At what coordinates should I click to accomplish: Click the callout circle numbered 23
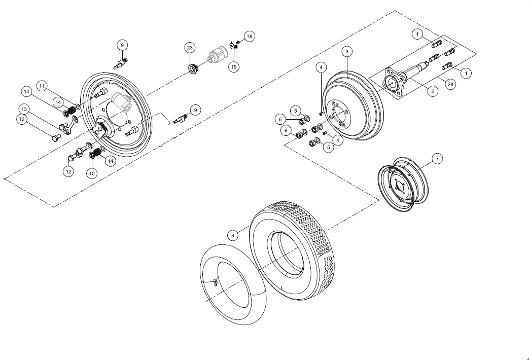pyautogui.click(x=190, y=48)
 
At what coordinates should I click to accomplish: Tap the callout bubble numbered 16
pyautogui.click(x=250, y=37)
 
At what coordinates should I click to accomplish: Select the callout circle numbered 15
pyautogui.click(x=233, y=66)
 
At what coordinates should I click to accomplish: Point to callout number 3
pyautogui.click(x=347, y=52)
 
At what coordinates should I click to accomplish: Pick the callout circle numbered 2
pyautogui.click(x=433, y=91)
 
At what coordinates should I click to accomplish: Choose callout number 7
pyautogui.click(x=437, y=159)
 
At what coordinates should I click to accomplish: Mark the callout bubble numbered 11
pyautogui.click(x=42, y=86)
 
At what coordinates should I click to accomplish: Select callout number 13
pyautogui.click(x=24, y=109)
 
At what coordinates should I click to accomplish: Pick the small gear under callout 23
pyautogui.click(x=193, y=68)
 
